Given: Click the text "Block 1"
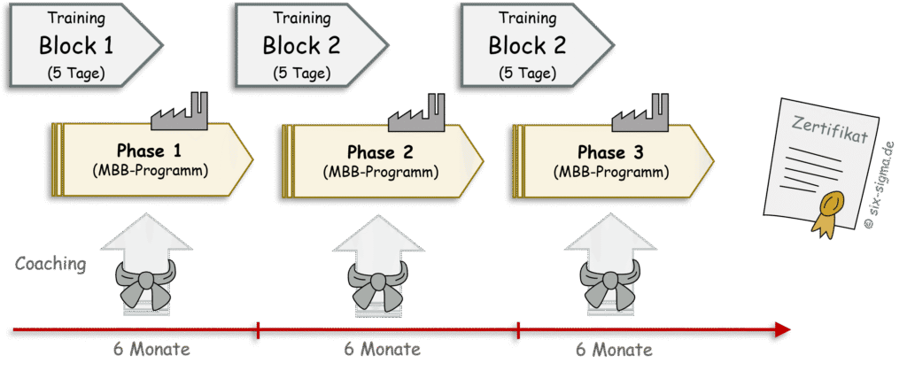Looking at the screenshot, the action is click(76, 46).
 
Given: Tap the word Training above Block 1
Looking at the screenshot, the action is click(76, 18).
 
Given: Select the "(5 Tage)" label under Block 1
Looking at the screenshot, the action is click(76, 73).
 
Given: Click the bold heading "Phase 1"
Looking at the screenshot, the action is click(149, 151).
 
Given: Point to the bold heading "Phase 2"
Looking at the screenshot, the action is click(380, 152).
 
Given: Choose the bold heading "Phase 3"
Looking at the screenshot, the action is click(610, 152).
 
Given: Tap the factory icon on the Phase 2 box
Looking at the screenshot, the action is click(416, 112).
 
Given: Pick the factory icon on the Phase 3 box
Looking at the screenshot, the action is click(640, 112).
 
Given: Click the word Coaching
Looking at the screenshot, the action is click(50, 265).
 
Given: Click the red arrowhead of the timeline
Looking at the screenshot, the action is click(781, 330).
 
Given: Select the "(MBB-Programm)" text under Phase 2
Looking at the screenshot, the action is click(380, 172).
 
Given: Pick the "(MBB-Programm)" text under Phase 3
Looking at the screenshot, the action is click(611, 172).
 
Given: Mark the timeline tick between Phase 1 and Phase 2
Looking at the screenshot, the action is click(258, 330).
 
